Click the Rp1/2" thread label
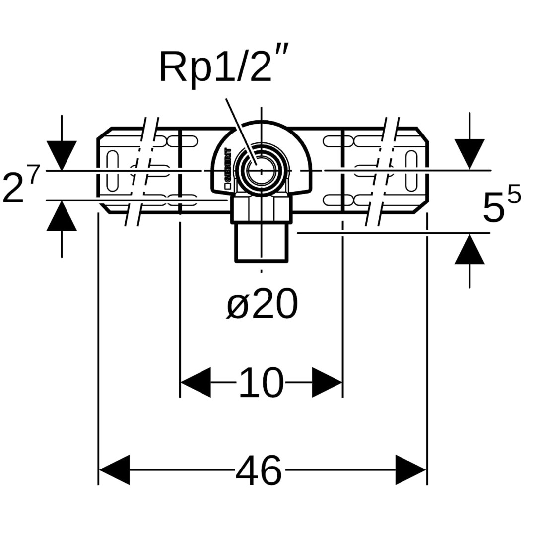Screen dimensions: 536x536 coord(217,68)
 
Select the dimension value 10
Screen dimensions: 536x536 coord(261,383)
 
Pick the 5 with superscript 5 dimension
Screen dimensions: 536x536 coord(501,204)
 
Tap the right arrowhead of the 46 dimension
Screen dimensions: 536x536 coord(411,470)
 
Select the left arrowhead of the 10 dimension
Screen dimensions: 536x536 coord(195,383)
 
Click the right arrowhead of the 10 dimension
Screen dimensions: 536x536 coord(328,383)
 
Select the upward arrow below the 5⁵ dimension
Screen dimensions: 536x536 coord(469,249)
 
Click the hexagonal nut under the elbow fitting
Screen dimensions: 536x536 coord(261,208)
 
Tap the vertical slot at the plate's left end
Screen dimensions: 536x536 coord(113,170)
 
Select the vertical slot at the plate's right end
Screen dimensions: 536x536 coord(411,170)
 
